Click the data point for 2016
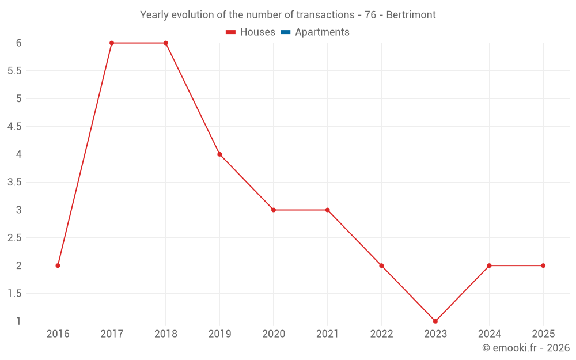click(x=58, y=266)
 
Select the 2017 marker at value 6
click(x=112, y=43)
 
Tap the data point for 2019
click(x=219, y=154)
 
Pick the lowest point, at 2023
click(x=435, y=321)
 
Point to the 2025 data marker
click(x=543, y=266)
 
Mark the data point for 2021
click(x=327, y=210)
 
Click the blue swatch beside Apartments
click(x=285, y=32)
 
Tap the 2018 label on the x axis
click(x=165, y=334)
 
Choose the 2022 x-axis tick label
click(x=381, y=334)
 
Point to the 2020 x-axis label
click(x=274, y=334)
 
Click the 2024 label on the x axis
click(x=489, y=334)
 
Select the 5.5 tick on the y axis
click(x=14, y=71)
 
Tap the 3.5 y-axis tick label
click(x=14, y=182)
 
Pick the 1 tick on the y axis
click(x=18, y=321)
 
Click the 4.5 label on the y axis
click(x=14, y=127)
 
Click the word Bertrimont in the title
click(x=411, y=15)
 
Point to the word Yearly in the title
click(x=156, y=15)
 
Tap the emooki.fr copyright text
click(x=526, y=348)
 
